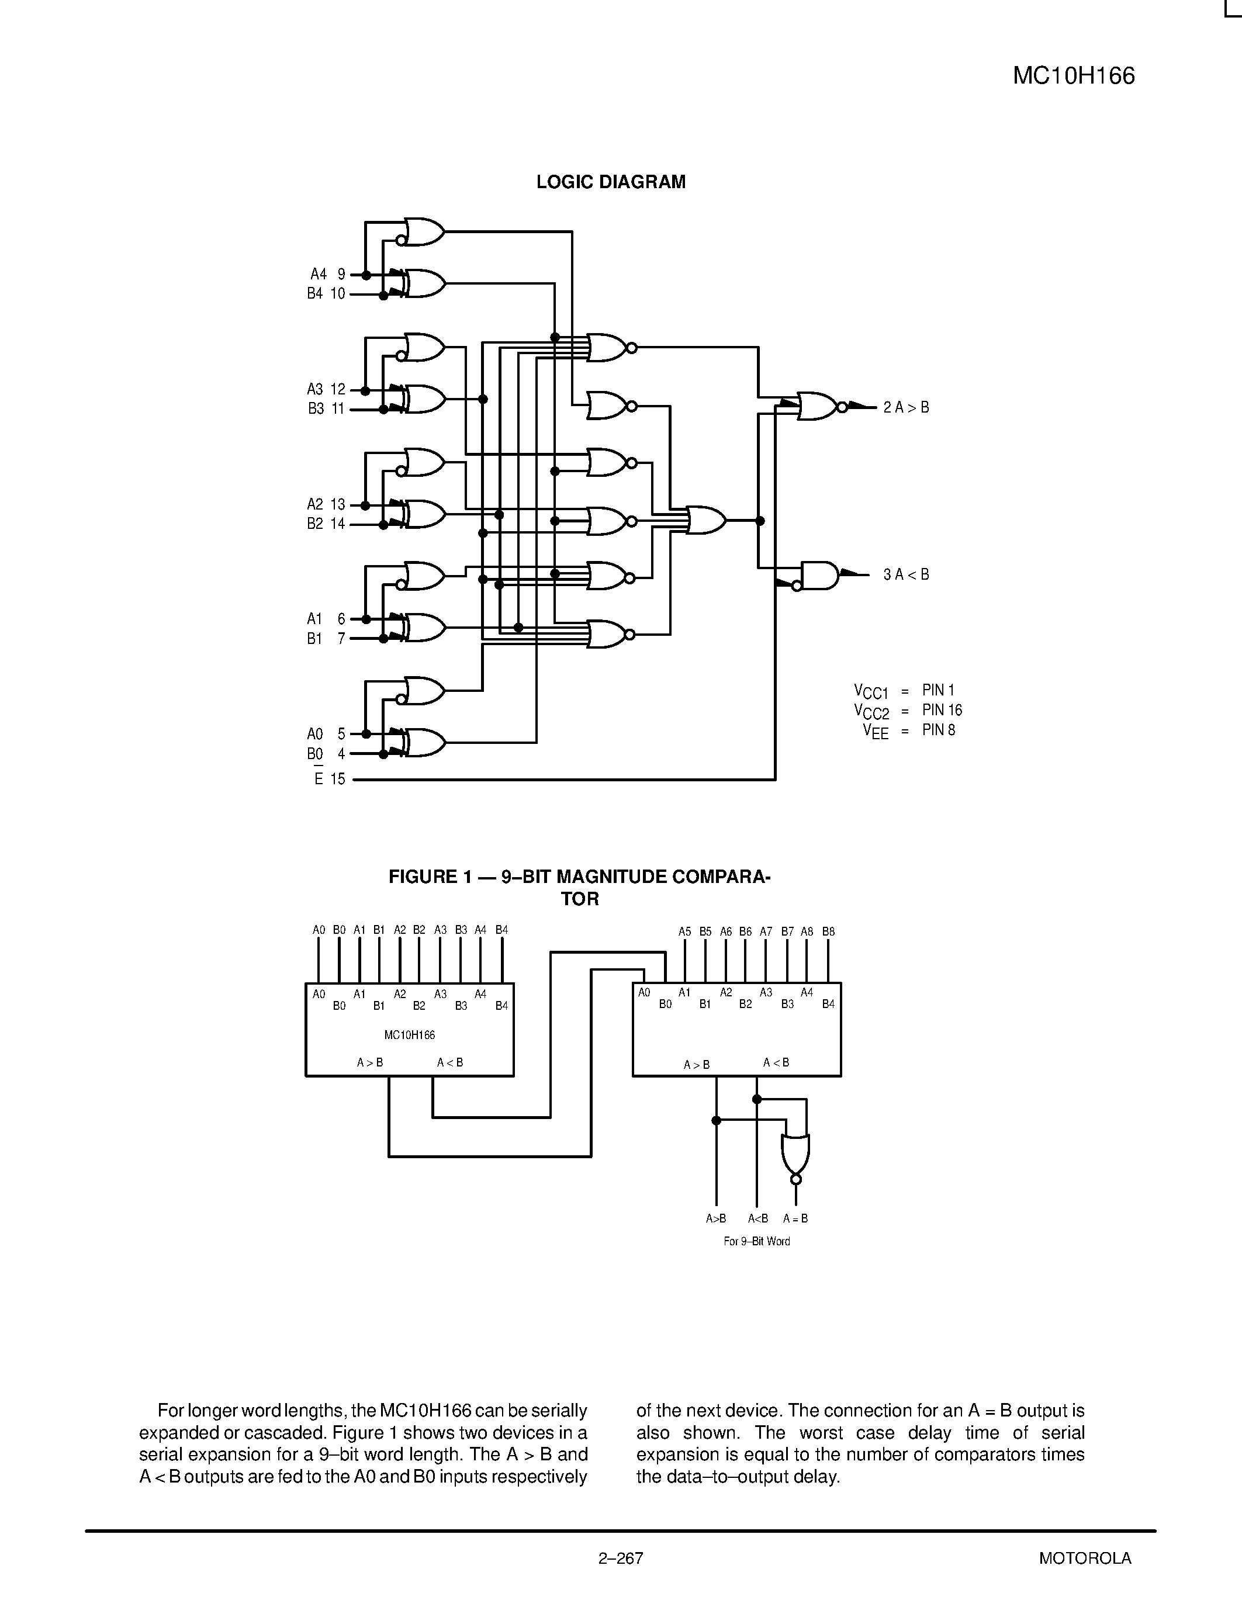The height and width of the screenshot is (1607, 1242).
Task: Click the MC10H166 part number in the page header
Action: point(1074,77)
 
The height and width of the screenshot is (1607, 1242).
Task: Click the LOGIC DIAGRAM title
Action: point(611,182)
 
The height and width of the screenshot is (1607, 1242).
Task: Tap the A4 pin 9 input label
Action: point(327,275)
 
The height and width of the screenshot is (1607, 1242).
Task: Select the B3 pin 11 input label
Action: point(326,409)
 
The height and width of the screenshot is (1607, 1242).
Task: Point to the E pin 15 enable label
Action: point(329,779)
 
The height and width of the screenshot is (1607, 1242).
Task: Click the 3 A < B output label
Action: point(906,574)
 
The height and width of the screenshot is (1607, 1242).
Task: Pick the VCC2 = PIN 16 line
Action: point(908,711)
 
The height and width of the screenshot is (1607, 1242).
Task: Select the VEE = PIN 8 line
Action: point(909,730)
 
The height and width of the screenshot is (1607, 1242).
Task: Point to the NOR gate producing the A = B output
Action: point(795,1154)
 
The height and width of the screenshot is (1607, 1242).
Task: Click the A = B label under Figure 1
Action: point(795,1218)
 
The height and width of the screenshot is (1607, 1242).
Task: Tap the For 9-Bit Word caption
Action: point(756,1241)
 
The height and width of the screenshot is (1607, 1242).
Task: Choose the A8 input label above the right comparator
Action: point(807,931)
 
